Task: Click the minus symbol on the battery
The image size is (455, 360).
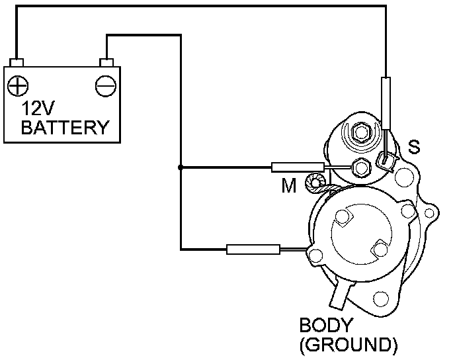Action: pyautogui.click(x=105, y=86)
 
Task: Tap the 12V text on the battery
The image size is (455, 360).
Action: pyautogui.click(x=38, y=109)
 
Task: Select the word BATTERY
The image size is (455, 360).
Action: pyautogui.click(x=64, y=127)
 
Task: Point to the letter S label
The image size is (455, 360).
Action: pyautogui.click(x=413, y=146)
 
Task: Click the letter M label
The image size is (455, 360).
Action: pyautogui.click(x=288, y=186)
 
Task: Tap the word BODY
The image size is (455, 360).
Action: pyautogui.click(x=327, y=326)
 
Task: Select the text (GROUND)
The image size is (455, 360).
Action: pyautogui.click(x=349, y=344)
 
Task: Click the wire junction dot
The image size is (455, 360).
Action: pyautogui.click(x=180, y=167)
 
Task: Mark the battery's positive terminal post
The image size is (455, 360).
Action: pyautogui.click(x=17, y=63)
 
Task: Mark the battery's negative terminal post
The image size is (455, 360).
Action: pyautogui.click(x=106, y=63)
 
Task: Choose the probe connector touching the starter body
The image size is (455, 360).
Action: pyautogui.click(x=253, y=249)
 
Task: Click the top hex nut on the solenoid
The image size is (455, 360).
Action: pyautogui.click(x=361, y=132)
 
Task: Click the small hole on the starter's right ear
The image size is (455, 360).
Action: pyautogui.click(x=430, y=212)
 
